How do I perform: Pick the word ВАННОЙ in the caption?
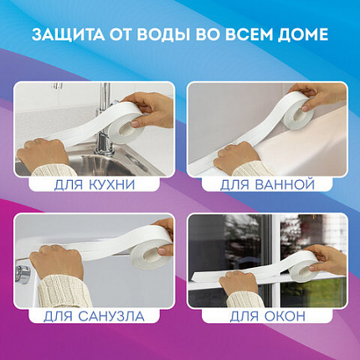[x=285, y=185]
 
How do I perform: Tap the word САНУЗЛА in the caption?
[x=111, y=316]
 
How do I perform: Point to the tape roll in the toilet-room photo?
[x=151, y=249]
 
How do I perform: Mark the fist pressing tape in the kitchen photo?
[x=43, y=154]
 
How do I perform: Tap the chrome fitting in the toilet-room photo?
[x=23, y=272]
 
